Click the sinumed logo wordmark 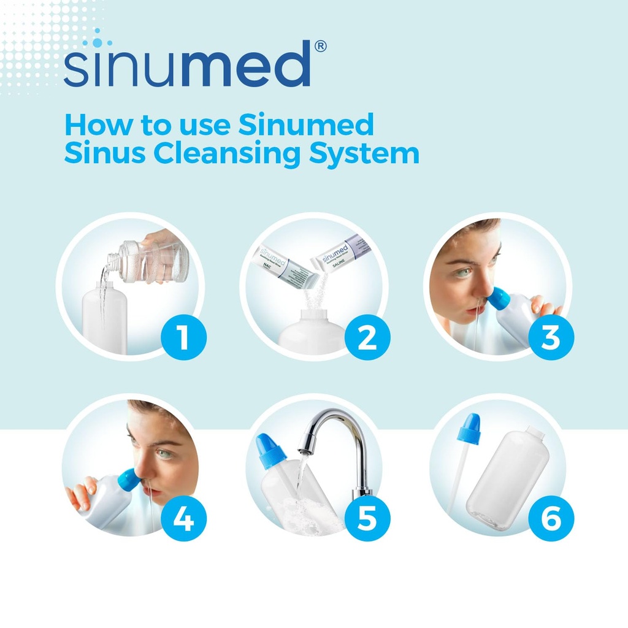[187, 64]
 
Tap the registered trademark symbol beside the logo [320, 47]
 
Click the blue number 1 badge [183, 338]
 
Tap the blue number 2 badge [367, 338]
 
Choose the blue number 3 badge [551, 338]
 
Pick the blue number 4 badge [183, 519]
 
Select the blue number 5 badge [367, 519]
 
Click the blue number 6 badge [551, 519]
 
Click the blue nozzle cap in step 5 [270, 452]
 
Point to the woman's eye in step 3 [464, 272]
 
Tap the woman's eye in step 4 [163, 453]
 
